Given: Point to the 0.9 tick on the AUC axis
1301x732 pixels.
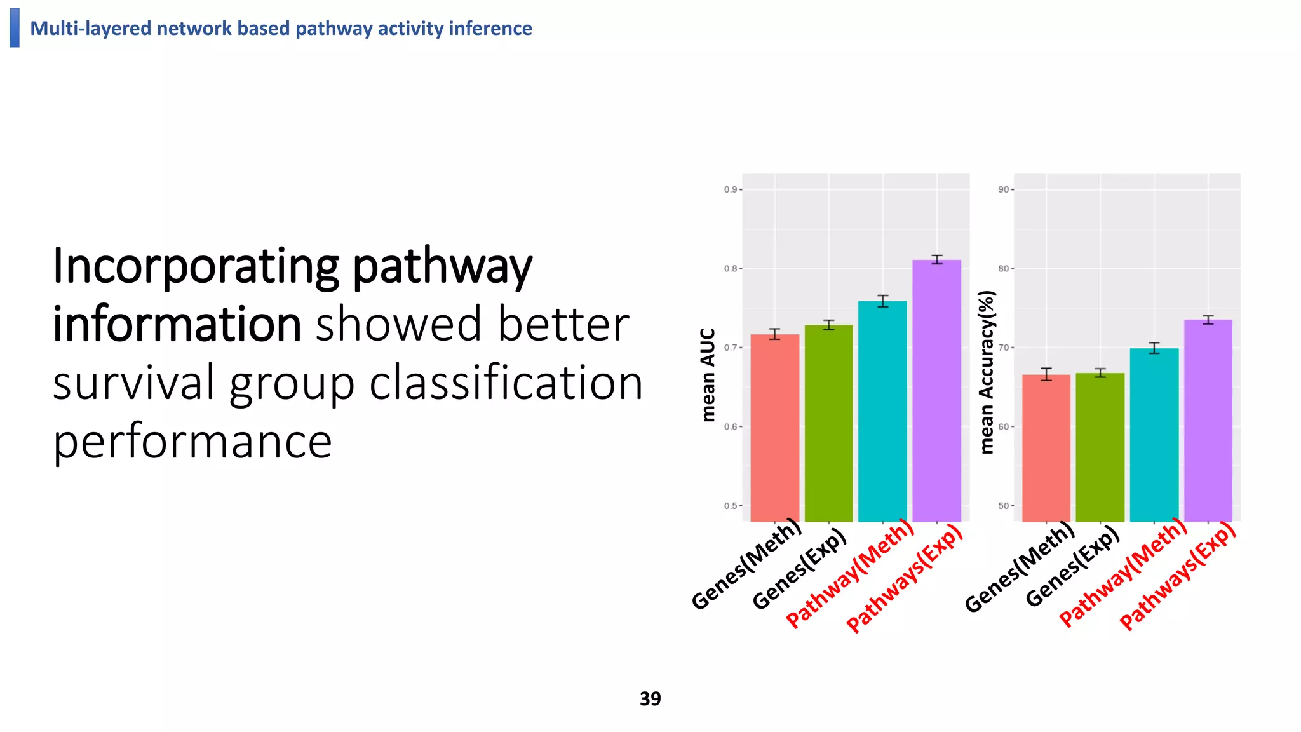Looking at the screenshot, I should (x=731, y=189).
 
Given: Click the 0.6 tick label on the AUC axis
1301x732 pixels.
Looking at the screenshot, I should (x=731, y=426).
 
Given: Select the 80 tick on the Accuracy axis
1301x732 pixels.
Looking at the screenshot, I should (x=1003, y=268).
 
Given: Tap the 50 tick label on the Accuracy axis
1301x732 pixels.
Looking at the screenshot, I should (x=1003, y=506).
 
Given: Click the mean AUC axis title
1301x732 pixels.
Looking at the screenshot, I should (x=708, y=374).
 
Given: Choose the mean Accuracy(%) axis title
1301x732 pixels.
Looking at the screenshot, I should (x=986, y=372).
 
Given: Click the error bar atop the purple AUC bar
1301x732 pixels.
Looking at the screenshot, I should (x=936, y=259).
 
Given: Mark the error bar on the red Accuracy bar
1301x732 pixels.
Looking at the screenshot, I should (x=1046, y=374).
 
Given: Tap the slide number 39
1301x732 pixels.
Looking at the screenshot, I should (x=650, y=698).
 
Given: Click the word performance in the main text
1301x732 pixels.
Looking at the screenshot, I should (x=192, y=441).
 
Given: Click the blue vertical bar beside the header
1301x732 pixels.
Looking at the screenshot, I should (x=15, y=27).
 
